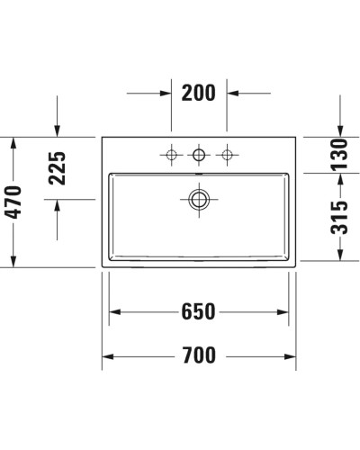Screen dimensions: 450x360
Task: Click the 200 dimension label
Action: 199,93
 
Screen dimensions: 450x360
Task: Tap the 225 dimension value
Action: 58,168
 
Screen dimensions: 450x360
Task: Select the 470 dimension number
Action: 13,202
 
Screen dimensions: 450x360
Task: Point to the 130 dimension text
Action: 339,155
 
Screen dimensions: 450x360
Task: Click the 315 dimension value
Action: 339,218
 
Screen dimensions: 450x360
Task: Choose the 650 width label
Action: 198,311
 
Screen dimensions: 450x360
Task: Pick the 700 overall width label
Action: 198,355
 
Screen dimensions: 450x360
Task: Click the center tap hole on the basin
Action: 199,156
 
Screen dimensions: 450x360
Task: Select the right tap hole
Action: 227,156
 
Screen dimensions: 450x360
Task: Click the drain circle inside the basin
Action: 199,198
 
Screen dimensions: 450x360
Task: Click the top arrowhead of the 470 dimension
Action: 13,142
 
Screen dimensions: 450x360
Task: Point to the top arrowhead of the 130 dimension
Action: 339,131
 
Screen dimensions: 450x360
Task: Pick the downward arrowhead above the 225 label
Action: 58,130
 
